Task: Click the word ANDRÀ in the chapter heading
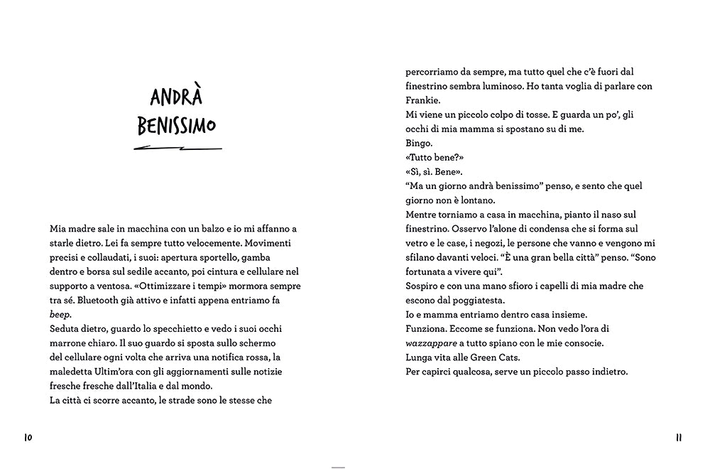click(x=177, y=98)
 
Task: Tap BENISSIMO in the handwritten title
click(x=177, y=127)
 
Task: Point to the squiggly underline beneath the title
click(x=177, y=149)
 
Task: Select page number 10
click(x=28, y=437)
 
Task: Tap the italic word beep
click(x=60, y=315)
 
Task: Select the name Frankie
click(x=423, y=100)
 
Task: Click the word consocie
click(x=581, y=343)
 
